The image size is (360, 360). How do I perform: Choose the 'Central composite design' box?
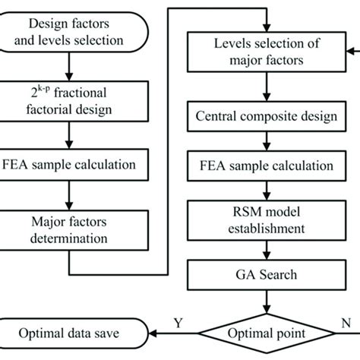coord(263,118)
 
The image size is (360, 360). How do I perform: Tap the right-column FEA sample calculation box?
coord(263,165)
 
